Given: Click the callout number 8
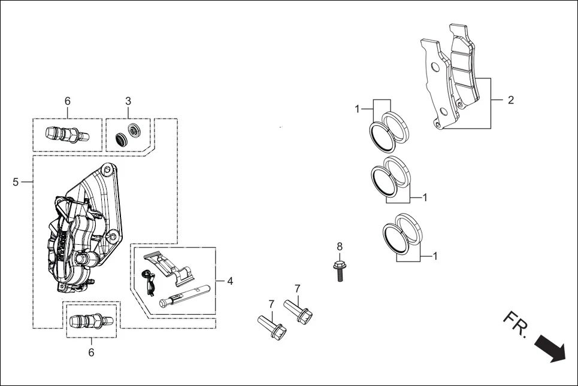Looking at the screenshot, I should [x=340, y=246].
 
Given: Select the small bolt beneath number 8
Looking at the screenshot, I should [x=340, y=270].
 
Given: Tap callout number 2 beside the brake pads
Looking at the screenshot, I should [x=510, y=100].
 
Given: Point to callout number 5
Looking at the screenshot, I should [x=16, y=182].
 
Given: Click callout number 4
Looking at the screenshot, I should [x=230, y=280].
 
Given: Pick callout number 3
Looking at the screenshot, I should [x=128, y=101].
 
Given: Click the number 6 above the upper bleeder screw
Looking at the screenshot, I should [x=68, y=101].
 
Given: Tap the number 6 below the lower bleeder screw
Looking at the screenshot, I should [x=92, y=352].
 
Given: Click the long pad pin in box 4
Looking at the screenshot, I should [x=184, y=297].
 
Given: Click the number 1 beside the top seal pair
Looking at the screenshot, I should [x=357, y=109].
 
